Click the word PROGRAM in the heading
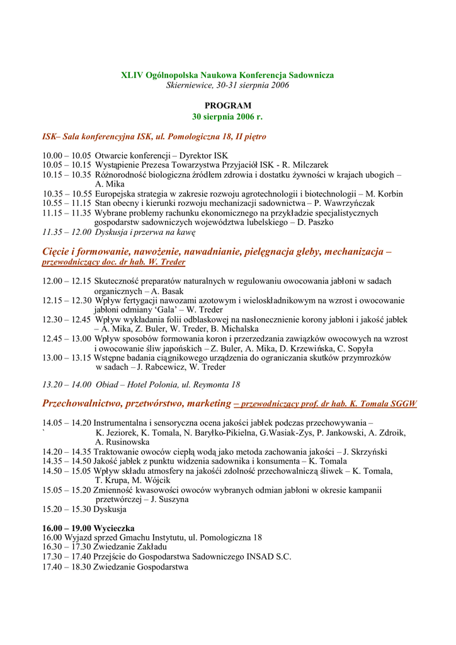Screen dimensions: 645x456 [x=227, y=106]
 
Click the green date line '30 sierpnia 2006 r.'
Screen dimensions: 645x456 [x=227, y=117]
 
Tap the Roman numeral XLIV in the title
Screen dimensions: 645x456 [x=132, y=75]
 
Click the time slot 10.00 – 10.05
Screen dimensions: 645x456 [x=67, y=156]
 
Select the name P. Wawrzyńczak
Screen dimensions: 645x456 [x=350, y=203]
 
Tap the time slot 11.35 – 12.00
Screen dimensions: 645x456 [x=67, y=232]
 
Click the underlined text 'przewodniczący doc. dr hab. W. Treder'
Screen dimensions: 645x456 [x=113, y=262]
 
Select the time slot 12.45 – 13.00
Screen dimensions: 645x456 [x=67, y=338]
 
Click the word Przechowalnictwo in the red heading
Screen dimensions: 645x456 [x=82, y=403]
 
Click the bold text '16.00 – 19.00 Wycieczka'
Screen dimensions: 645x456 [x=88, y=528]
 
